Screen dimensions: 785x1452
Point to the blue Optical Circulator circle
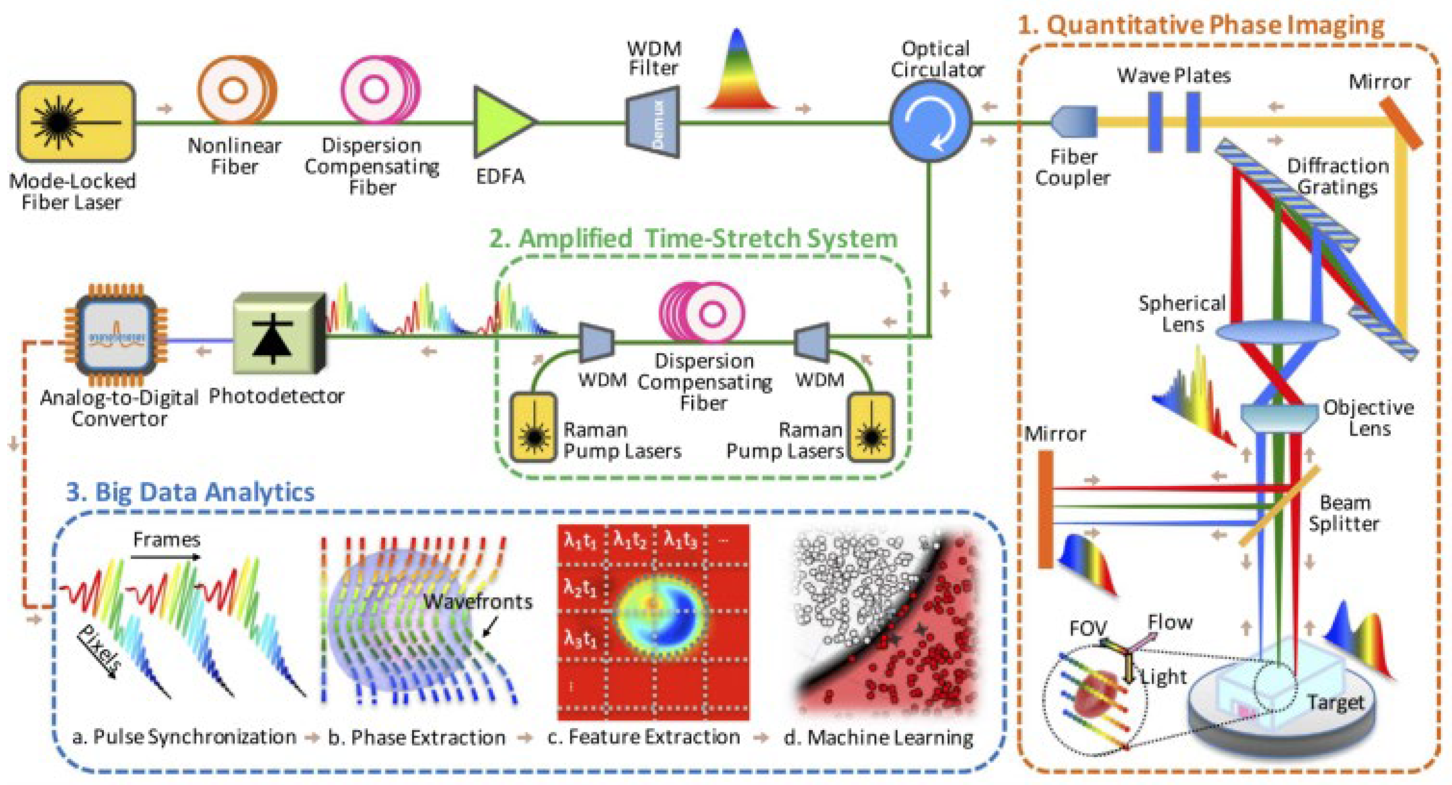click(930, 121)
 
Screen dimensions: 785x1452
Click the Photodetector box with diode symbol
click(277, 334)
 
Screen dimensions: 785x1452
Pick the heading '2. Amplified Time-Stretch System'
click(693, 238)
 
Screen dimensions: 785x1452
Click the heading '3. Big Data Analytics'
click(190, 492)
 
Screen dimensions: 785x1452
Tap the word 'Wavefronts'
click(478, 601)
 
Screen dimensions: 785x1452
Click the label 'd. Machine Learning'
click(879, 737)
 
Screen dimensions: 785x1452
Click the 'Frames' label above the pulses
click(167, 540)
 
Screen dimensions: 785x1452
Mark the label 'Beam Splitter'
click(1344, 513)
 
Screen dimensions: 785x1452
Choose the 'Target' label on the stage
click(1335, 703)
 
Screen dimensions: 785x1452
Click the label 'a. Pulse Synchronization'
click(184, 737)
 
